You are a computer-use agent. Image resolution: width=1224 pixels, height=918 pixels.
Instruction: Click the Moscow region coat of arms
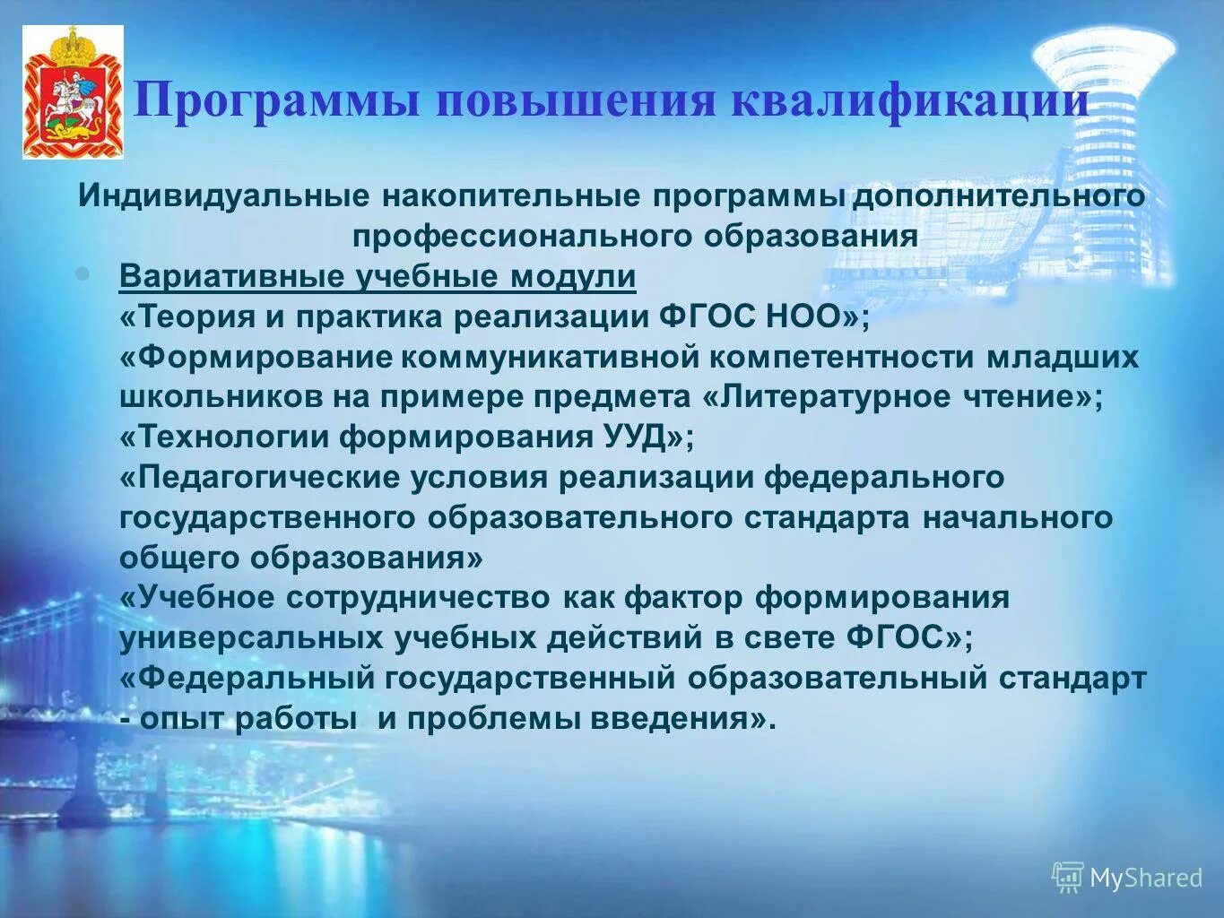coord(73,92)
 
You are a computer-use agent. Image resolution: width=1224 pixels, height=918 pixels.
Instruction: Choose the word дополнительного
coord(998,195)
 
